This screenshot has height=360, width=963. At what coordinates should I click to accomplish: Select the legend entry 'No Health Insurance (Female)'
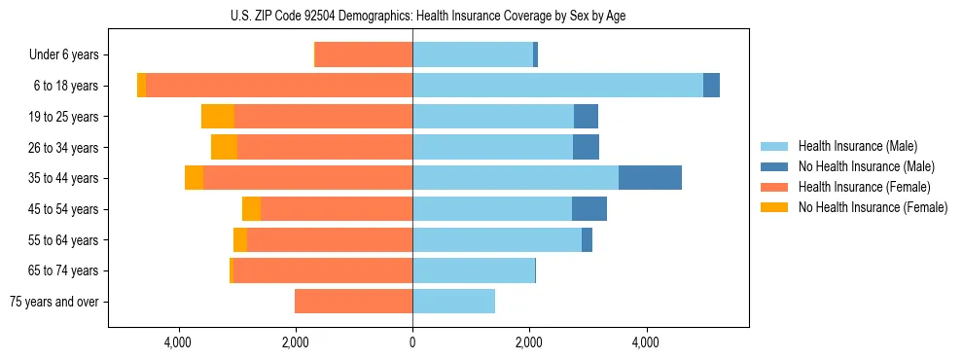click(x=873, y=207)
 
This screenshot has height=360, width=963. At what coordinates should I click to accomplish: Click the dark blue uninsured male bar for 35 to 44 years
click(x=650, y=178)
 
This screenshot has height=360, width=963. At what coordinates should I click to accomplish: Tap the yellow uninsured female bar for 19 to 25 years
click(x=218, y=117)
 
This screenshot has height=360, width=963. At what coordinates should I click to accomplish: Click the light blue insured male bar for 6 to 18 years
click(x=557, y=86)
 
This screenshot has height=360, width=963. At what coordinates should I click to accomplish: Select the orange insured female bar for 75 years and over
click(x=353, y=302)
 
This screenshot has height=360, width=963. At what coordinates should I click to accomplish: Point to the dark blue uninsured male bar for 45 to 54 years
click(x=589, y=209)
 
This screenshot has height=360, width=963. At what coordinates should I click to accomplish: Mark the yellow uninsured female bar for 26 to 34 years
click(x=224, y=148)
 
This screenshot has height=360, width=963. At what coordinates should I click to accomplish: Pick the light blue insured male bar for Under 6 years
click(x=473, y=55)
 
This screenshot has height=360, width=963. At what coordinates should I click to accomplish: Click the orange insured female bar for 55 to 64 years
click(x=330, y=240)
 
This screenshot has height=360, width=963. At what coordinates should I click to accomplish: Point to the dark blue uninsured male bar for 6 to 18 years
click(x=711, y=86)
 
